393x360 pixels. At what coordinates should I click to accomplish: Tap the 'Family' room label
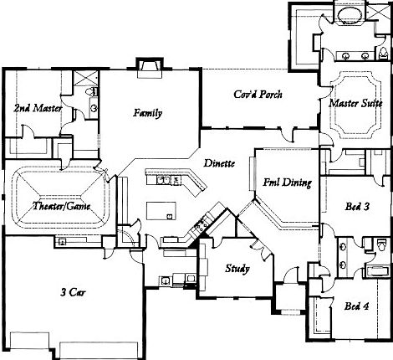tap(147, 113)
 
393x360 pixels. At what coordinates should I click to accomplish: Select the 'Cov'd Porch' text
tap(258, 95)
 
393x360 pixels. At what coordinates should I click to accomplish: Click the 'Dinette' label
tap(218, 163)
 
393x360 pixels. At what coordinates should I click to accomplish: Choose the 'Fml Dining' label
tap(288, 182)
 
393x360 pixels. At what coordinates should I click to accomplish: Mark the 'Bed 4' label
tap(358, 306)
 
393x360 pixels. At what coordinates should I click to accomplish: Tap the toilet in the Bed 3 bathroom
tap(343, 245)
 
